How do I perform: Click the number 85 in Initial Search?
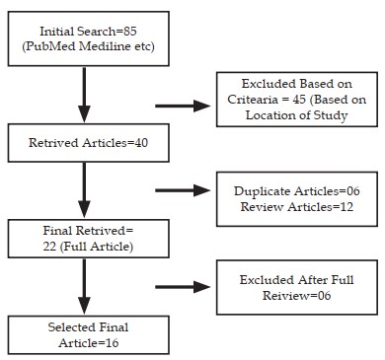coord(130,32)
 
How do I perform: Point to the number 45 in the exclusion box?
coord(299,100)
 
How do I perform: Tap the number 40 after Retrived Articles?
coord(141,143)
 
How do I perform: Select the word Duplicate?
coord(263,191)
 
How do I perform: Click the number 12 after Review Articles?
coord(346,207)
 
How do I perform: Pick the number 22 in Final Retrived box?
coord(49,247)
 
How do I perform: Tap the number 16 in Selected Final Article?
coord(113,343)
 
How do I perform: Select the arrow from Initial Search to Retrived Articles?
coord(84,95)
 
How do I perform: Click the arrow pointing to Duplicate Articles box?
coord(183,190)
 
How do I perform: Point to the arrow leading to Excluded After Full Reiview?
coord(183,287)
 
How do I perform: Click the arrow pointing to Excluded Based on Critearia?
coord(183,106)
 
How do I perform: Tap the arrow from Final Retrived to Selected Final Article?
coord(84,287)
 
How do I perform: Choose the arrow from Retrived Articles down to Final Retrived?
coord(84,190)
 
